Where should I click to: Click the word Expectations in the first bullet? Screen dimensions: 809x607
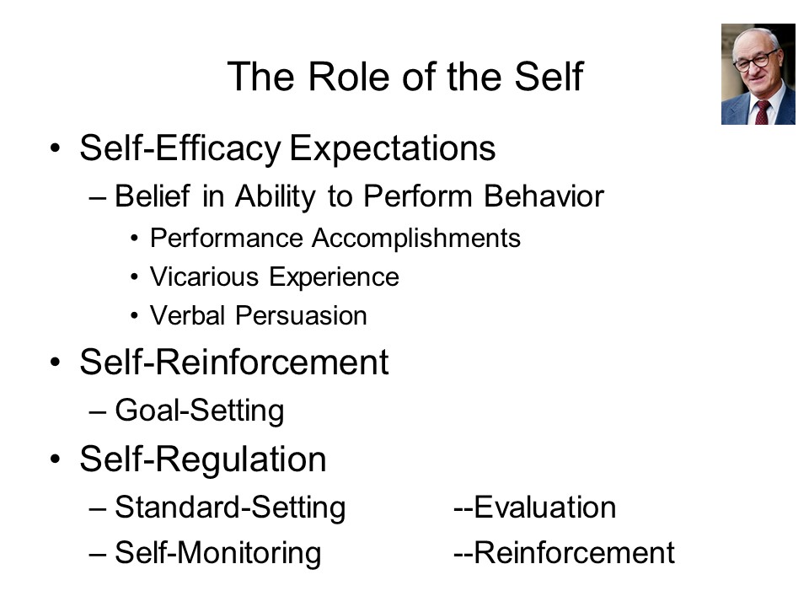392,148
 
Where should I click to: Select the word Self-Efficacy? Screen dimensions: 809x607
180,148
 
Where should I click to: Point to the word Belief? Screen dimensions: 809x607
153,196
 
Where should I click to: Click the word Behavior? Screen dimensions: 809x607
544,196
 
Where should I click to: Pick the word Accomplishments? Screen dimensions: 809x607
415,238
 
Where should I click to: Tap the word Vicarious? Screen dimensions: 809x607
204,277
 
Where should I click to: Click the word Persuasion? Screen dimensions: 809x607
301,315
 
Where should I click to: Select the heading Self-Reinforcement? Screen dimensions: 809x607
233,363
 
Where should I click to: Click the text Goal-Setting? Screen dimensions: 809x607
199,411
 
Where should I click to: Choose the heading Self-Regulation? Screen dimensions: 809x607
203,459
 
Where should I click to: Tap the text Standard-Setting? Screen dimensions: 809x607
230,508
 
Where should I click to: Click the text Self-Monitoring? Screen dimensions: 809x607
217,553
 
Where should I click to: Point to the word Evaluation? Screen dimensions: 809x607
545,508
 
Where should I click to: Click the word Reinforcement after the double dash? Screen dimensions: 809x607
574,553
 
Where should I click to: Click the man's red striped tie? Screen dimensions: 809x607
762,112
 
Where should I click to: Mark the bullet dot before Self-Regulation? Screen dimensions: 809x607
56,459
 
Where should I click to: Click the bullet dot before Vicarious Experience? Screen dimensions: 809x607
134,277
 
